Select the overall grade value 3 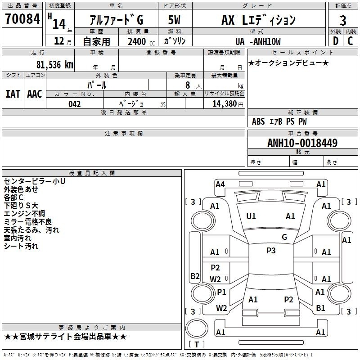coord(343,21)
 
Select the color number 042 coord(75,104)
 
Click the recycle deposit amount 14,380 coord(224,104)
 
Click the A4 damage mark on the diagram coord(220,184)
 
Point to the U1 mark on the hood coord(251,216)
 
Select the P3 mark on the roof coord(271,251)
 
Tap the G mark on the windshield coord(284,237)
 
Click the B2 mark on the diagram coord(195,276)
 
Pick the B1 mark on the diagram coord(320,308)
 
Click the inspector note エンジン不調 coord(24,214)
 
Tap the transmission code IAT coord(13,94)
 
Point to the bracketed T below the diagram coord(196,344)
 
